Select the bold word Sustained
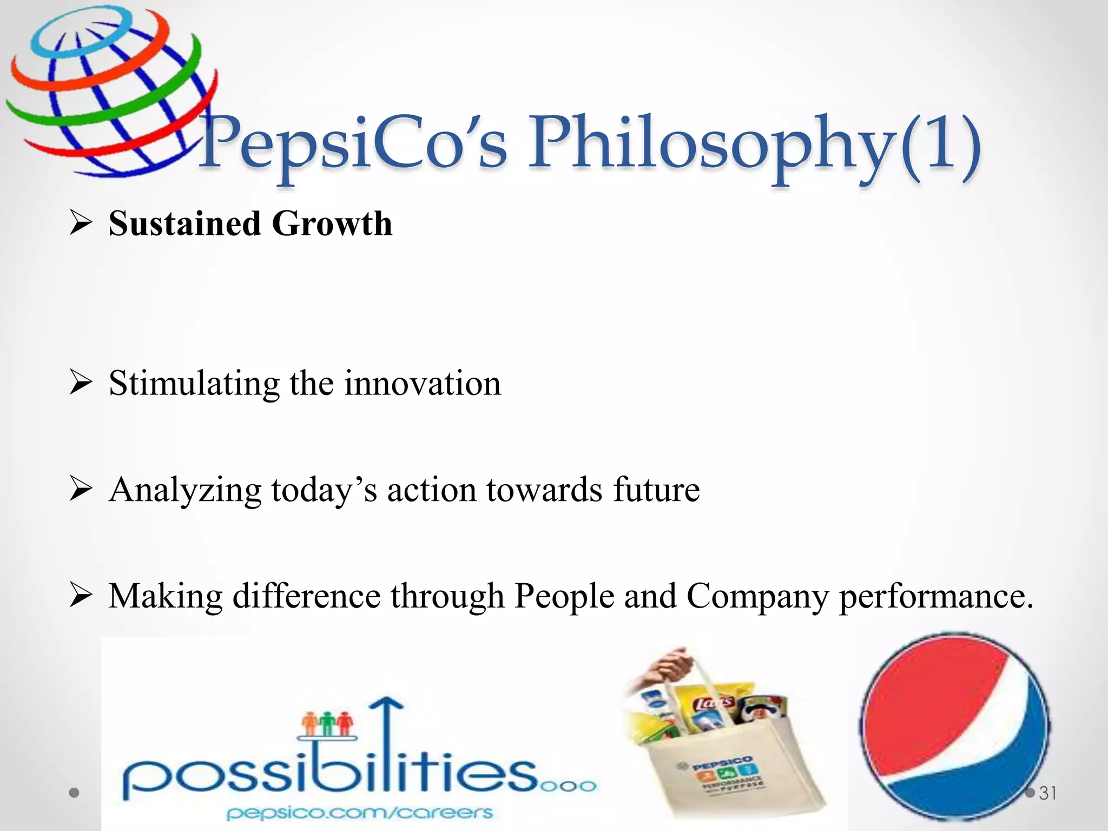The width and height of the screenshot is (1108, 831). tap(184, 223)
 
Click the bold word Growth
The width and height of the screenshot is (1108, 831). tap(332, 223)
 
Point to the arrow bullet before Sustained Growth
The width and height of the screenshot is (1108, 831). tap(81, 223)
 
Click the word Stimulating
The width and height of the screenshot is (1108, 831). tap(194, 384)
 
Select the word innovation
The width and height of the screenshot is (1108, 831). tap(423, 384)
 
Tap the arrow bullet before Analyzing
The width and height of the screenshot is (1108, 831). tap(81, 490)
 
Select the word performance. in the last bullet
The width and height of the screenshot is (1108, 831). tap(936, 597)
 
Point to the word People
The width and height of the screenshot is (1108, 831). tap(564, 597)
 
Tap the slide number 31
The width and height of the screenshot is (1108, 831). tap(1048, 793)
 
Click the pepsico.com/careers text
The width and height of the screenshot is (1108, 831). tap(360, 813)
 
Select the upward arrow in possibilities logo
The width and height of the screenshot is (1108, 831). tap(386, 736)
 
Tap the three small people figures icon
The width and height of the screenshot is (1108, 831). tap(328, 723)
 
